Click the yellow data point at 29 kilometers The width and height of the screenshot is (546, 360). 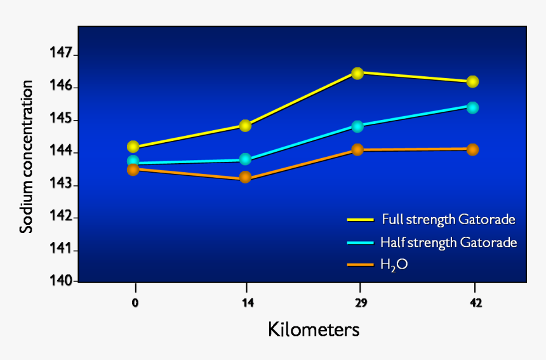click(x=357, y=73)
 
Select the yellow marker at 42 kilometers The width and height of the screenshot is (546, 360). click(x=472, y=82)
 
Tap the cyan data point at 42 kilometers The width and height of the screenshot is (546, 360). click(x=472, y=107)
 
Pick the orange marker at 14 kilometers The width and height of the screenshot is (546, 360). click(x=245, y=178)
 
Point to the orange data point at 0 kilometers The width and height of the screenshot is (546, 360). click(x=133, y=170)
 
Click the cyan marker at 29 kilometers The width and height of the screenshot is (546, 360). click(x=357, y=126)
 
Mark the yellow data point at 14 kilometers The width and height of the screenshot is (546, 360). click(x=245, y=126)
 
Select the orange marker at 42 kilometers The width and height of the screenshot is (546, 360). click(x=472, y=149)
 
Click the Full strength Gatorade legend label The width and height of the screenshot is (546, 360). click(x=448, y=220)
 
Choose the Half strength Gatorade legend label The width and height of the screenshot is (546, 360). click(x=448, y=242)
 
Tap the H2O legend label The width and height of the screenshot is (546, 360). click(x=394, y=264)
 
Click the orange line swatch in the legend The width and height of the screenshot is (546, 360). click(x=360, y=263)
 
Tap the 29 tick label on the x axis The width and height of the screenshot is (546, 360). click(x=361, y=303)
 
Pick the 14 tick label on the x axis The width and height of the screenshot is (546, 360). click(x=248, y=303)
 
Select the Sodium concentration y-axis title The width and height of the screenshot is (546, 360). click(x=26, y=157)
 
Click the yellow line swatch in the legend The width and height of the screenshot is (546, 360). click(x=360, y=220)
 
